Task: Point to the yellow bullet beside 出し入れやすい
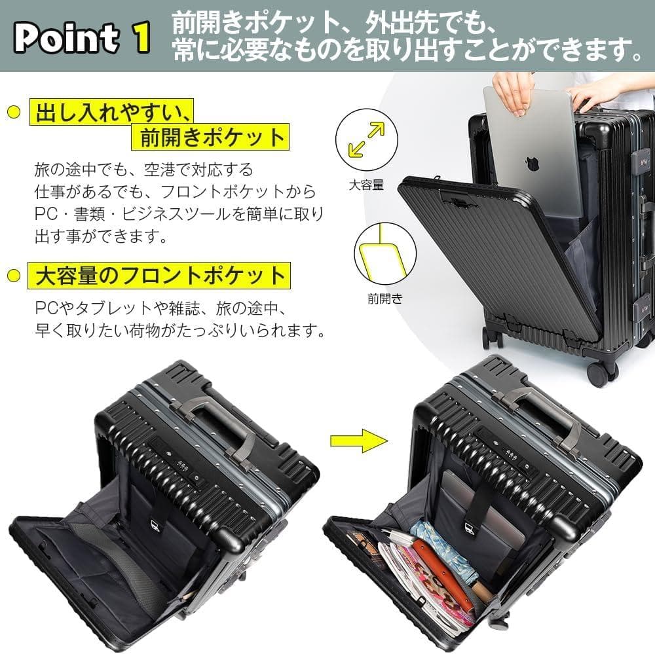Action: pos(13,113)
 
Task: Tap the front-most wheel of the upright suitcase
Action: pos(600,373)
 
